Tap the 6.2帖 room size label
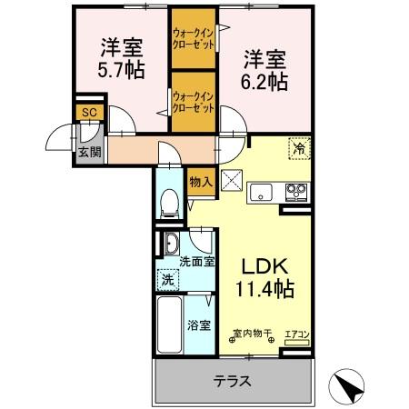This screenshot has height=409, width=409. pyautogui.click(x=265, y=81)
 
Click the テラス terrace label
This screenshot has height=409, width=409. pyautogui.click(x=232, y=381)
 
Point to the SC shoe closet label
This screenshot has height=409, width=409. pyautogui.click(x=89, y=112)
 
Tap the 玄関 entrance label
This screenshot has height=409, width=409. pyautogui.click(x=89, y=152)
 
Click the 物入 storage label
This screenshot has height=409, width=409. pyautogui.click(x=201, y=182)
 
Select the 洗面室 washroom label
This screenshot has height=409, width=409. pyautogui.click(x=195, y=262)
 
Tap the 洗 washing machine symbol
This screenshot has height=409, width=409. pyautogui.click(x=166, y=281)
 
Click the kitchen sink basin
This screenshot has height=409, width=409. pyautogui.click(x=262, y=191)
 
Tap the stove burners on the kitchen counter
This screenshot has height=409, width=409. pyautogui.click(x=296, y=191)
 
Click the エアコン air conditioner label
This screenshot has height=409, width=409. pyautogui.click(x=297, y=334)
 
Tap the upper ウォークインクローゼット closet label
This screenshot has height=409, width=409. pyautogui.click(x=194, y=42)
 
